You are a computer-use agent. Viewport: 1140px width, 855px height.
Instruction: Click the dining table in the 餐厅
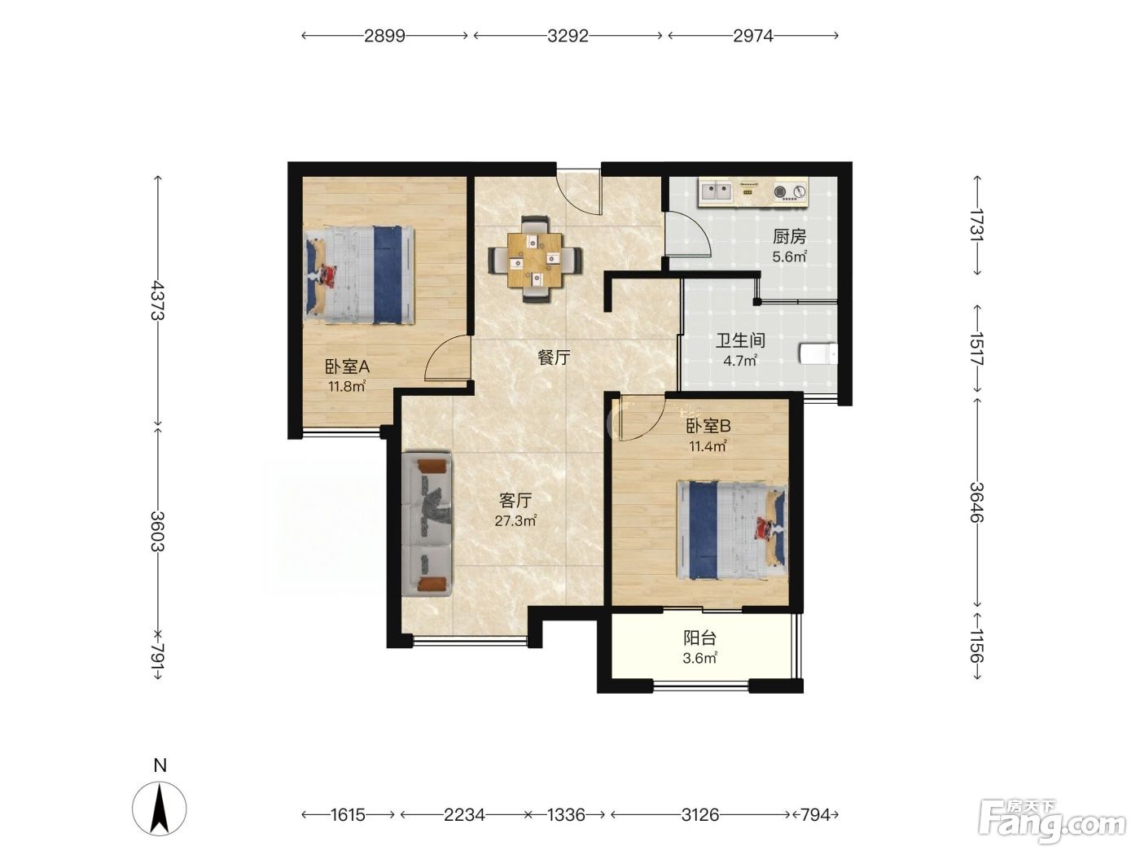click(534, 260)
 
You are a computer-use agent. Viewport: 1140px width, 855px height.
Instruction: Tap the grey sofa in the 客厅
click(426, 525)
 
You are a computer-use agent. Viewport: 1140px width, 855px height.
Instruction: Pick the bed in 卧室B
click(732, 529)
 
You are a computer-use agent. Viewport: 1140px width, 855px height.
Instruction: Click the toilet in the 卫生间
click(818, 354)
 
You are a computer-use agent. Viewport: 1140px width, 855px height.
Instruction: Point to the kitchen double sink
click(717, 191)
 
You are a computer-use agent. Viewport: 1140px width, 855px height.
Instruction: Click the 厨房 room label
click(789, 237)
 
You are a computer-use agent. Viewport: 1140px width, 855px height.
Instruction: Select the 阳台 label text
click(699, 638)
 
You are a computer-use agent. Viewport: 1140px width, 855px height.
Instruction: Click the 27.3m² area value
click(515, 520)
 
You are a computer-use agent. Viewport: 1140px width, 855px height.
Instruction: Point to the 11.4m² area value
click(708, 446)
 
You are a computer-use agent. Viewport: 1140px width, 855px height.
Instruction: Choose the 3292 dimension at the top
click(568, 36)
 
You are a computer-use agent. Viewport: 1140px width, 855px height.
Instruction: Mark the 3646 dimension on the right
click(977, 502)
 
